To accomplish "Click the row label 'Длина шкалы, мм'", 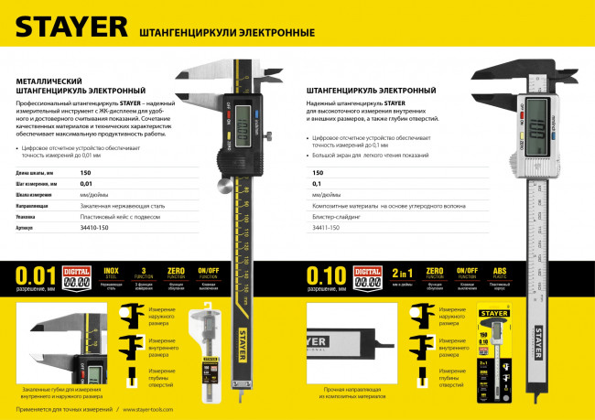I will [x=36, y=172].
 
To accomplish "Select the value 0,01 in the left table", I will [x=87, y=184].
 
